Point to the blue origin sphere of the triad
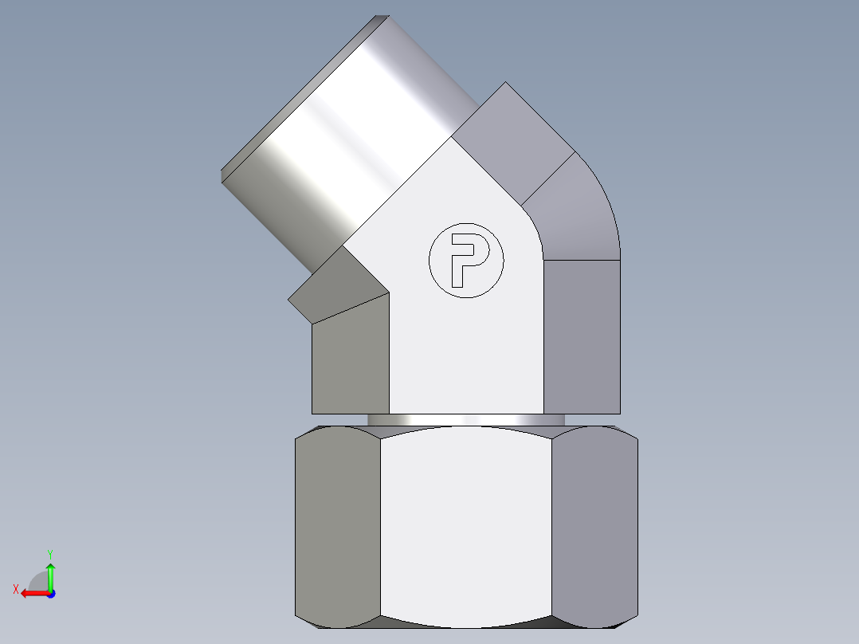pyautogui.click(x=50, y=594)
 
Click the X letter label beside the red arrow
pyautogui.click(x=15, y=589)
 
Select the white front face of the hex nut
pyautogui.click(x=466, y=526)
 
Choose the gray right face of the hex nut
pyautogui.click(x=594, y=526)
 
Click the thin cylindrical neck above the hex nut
pyautogui.click(x=466, y=419)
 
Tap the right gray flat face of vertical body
pyautogui.click(x=582, y=335)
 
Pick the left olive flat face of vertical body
pyautogui.click(x=351, y=359)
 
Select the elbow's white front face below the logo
pyautogui.click(x=466, y=359)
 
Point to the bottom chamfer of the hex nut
pyautogui.click(x=466, y=622)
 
